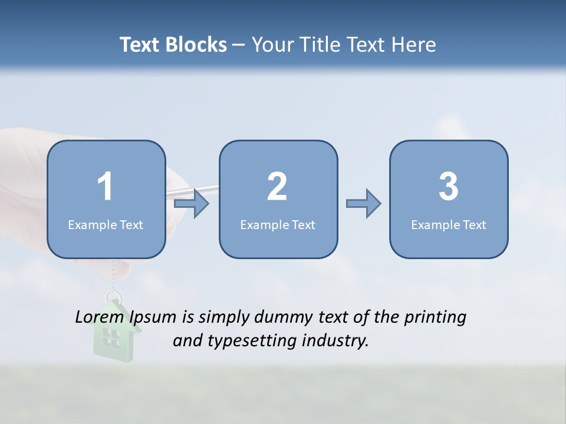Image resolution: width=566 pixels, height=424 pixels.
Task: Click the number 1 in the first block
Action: pyautogui.click(x=106, y=187)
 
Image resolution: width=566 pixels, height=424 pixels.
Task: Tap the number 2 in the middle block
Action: pyautogui.click(x=277, y=187)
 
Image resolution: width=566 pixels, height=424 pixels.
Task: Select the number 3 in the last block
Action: pyautogui.click(x=449, y=187)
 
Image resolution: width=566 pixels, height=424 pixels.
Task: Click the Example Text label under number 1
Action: pyautogui.click(x=106, y=224)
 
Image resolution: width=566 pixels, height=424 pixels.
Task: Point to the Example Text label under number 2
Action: pyautogui.click(x=278, y=224)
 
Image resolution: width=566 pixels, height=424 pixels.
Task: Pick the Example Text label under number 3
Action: pyautogui.click(x=449, y=224)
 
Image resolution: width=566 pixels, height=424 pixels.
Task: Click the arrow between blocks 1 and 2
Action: pyautogui.click(x=192, y=204)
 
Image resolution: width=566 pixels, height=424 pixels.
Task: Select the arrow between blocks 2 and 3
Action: pyautogui.click(x=364, y=204)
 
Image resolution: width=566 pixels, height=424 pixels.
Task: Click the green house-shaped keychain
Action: pyautogui.click(x=116, y=332)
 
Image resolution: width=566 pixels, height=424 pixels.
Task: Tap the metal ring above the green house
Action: pyautogui.click(x=112, y=296)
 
